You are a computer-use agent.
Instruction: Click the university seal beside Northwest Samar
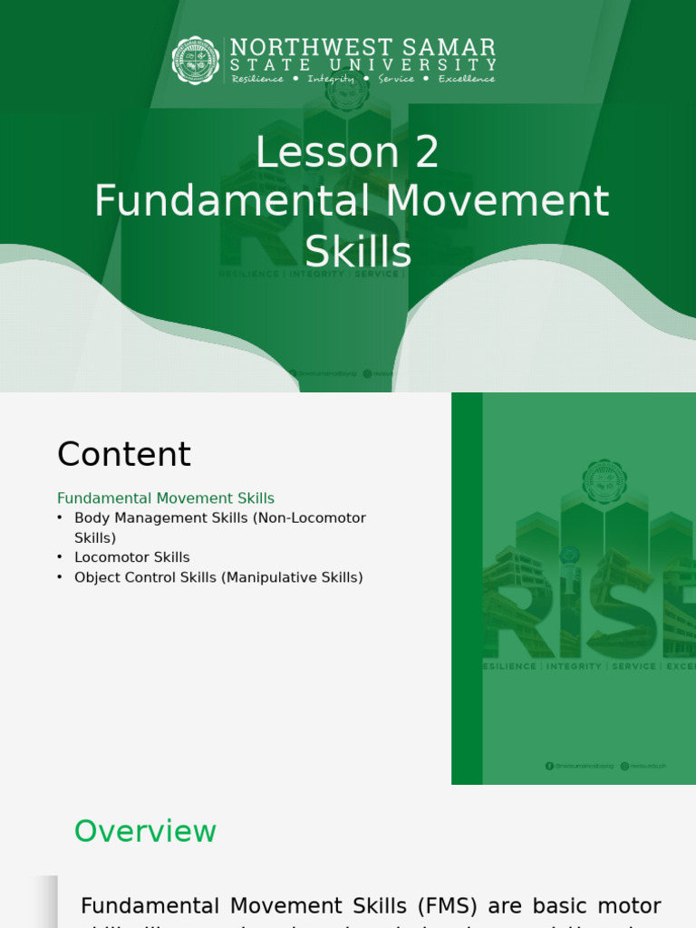196,61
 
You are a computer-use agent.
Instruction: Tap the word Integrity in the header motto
331,79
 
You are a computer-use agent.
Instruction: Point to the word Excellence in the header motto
467,79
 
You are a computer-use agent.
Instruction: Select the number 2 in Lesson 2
427,153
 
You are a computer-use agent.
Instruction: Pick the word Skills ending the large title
358,253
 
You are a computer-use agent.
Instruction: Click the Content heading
124,455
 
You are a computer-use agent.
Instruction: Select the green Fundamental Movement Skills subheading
166,498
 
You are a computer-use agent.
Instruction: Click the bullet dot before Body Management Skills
60,517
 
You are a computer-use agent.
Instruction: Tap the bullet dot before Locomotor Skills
60,557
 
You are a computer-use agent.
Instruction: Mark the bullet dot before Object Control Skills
60,577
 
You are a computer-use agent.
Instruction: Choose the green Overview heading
145,831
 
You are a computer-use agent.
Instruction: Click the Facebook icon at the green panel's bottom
549,766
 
